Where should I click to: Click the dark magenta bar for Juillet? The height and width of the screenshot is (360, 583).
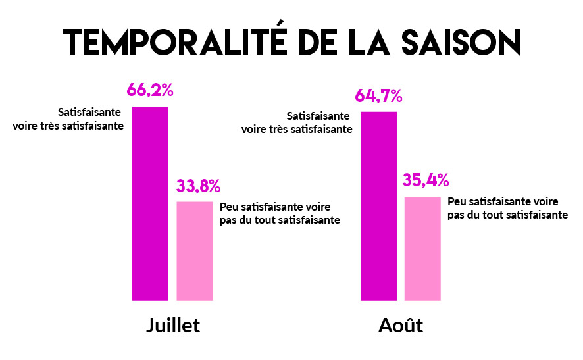pos(151,203)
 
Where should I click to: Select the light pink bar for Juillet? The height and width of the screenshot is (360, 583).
pos(195,251)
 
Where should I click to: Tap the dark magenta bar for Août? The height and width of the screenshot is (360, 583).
pos(379,205)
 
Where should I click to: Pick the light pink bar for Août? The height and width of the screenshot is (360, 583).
pos(422,248)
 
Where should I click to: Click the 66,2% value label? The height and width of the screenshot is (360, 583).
pos(150,90)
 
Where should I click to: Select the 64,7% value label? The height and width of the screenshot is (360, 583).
pos(378,96)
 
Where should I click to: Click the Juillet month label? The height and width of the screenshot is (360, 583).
pos(172,326)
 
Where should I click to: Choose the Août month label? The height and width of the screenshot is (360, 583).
pos(401,326)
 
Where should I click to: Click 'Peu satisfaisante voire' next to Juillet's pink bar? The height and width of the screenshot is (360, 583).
pos(274,207)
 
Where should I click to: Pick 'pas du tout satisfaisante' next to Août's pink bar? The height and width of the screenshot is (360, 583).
pos(508,215)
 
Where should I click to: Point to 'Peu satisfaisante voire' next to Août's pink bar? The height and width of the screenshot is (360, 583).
pos(503,201)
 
